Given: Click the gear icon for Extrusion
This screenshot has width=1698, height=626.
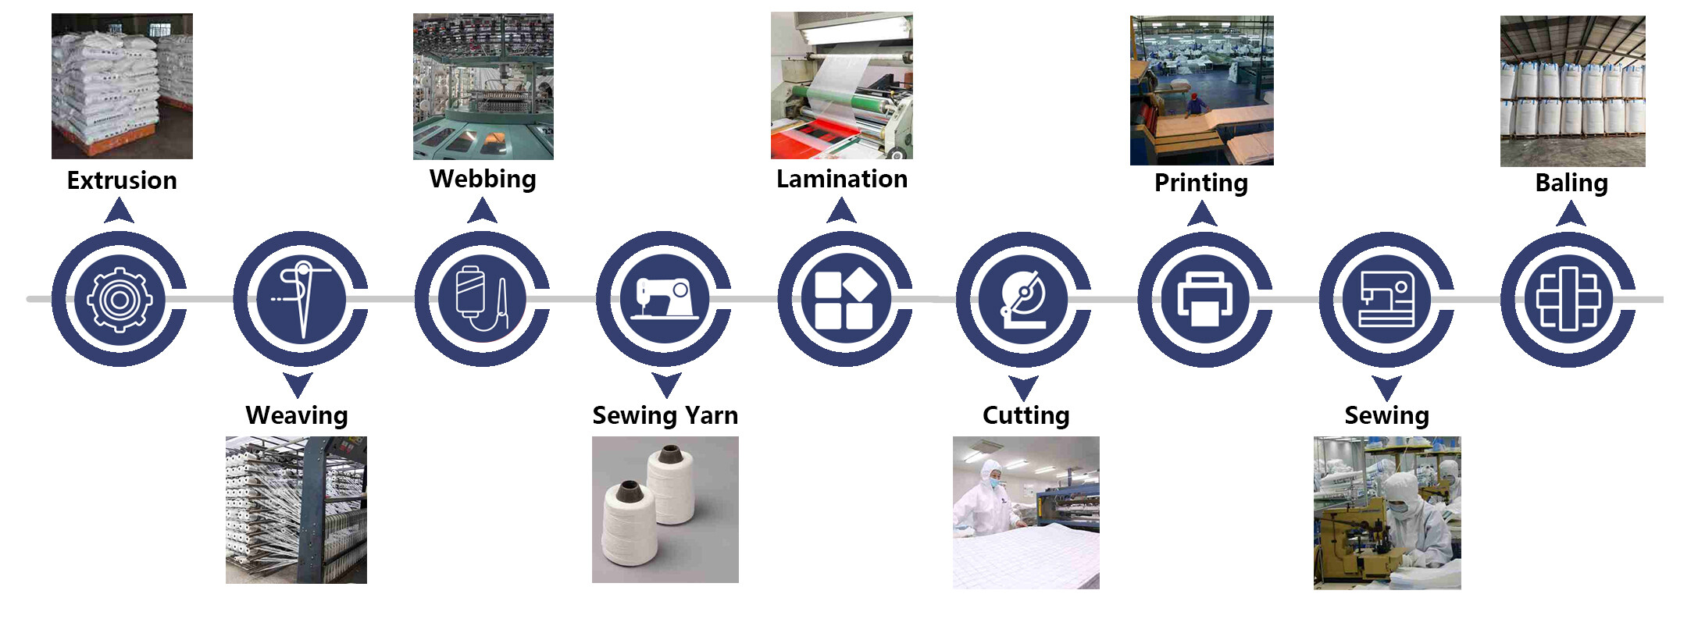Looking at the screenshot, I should tap(119, 299).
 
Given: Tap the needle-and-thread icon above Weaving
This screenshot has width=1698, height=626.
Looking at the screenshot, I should tap(301, 299).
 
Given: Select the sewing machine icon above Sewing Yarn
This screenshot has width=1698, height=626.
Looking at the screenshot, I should tap(664, 299).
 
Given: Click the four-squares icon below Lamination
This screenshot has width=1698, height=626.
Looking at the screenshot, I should tap(844, 299).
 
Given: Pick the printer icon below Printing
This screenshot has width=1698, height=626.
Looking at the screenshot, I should tap(1204, 299).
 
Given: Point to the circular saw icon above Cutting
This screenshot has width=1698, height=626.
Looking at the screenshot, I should tap(1024, 299).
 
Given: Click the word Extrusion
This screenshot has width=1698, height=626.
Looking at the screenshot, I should tap(122, 180).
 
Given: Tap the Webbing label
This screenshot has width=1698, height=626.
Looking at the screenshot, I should tap(483, 179).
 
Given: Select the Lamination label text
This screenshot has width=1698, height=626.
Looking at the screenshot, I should tap(841, 179).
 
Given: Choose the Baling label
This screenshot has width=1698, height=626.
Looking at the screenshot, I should tap(1571, 183).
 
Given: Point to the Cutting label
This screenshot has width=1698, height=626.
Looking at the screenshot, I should tap(1026, 415).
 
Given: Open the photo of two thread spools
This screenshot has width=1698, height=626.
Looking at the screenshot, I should tap(665, 509).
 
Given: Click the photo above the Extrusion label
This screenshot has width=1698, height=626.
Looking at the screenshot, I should tap(122, 86).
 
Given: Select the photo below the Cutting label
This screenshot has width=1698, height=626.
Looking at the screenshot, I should tap(1026, 512).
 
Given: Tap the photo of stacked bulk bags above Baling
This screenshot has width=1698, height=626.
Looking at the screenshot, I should tap(1572, 91).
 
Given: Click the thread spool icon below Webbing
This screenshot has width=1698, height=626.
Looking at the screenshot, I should tap(482, 299).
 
